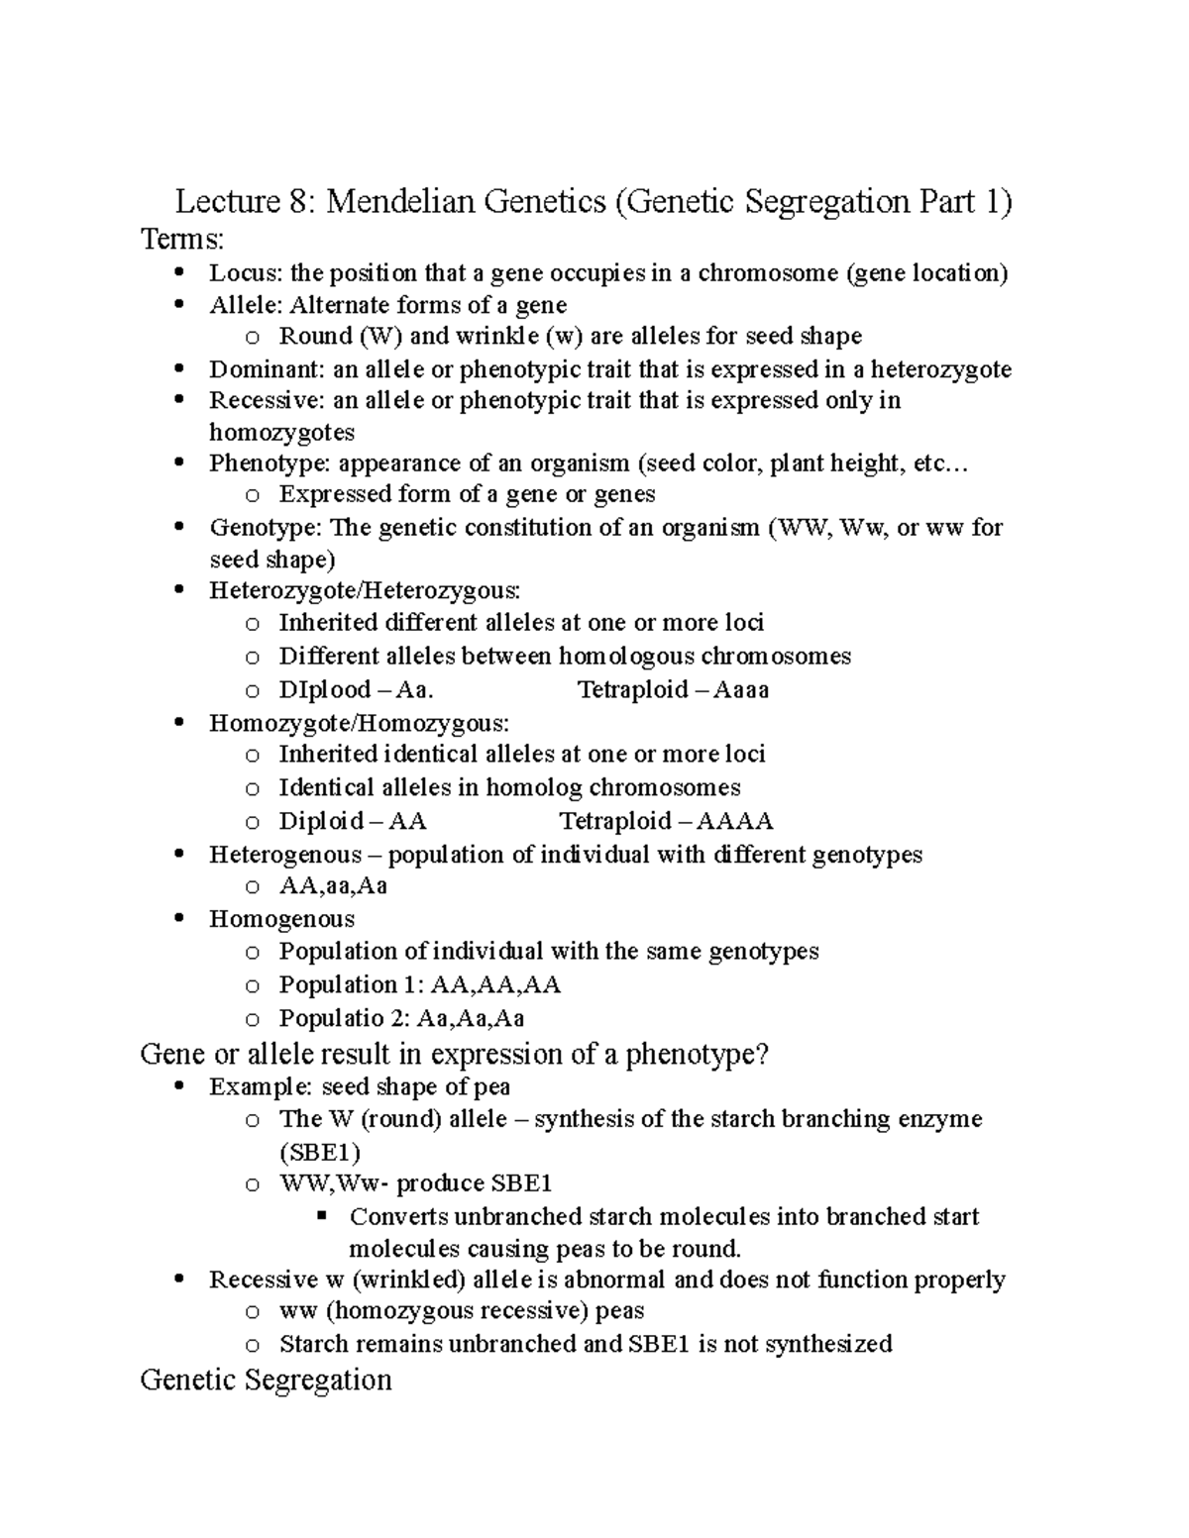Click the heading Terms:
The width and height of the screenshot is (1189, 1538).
click(182, 240)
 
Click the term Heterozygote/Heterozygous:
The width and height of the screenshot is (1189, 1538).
click(364, 591)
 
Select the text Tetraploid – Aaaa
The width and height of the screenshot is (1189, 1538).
click(673, 690)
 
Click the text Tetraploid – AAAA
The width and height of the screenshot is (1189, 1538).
click(666, 821)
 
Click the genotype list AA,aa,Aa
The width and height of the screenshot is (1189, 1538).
click(333, 886)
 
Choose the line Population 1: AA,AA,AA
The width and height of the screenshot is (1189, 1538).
click(419, 985)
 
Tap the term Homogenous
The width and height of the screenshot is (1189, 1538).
click(281, 919)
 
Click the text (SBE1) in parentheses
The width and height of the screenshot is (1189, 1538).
click(319, 1152)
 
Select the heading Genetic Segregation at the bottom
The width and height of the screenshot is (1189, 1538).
click(266, 1380)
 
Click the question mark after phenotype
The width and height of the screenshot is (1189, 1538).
click(762, 1054)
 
